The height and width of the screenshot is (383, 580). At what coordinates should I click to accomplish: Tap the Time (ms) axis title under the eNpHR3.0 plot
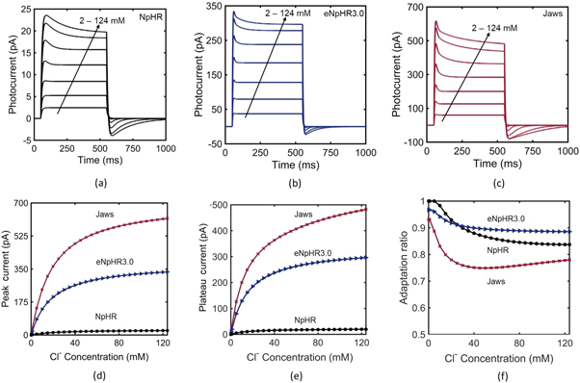[297, 165]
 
